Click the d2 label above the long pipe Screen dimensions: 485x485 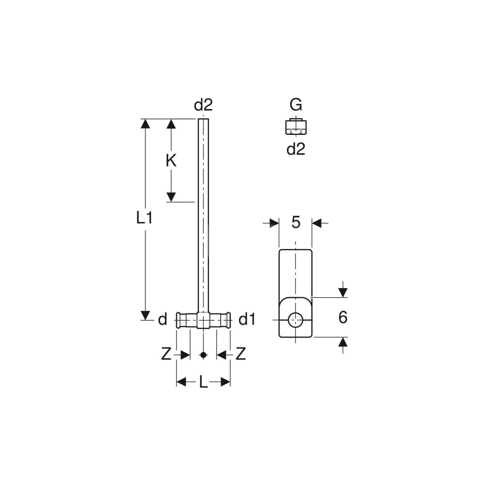(x=203, y=105)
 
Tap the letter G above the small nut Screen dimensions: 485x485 (x=296, y=105)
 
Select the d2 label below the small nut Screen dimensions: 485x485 (x=296, y=149)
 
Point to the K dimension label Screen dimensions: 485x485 (x=171, y=161)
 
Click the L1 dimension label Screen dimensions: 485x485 (x=145, y=218)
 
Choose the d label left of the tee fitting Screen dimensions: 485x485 (x=162, y=319)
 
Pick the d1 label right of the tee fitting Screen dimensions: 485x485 (x=247, y=319)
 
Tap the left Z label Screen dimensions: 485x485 (x=166, y=354)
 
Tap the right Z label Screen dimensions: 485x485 (x=241, y=354)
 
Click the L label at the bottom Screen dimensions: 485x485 (x=203, y=382)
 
